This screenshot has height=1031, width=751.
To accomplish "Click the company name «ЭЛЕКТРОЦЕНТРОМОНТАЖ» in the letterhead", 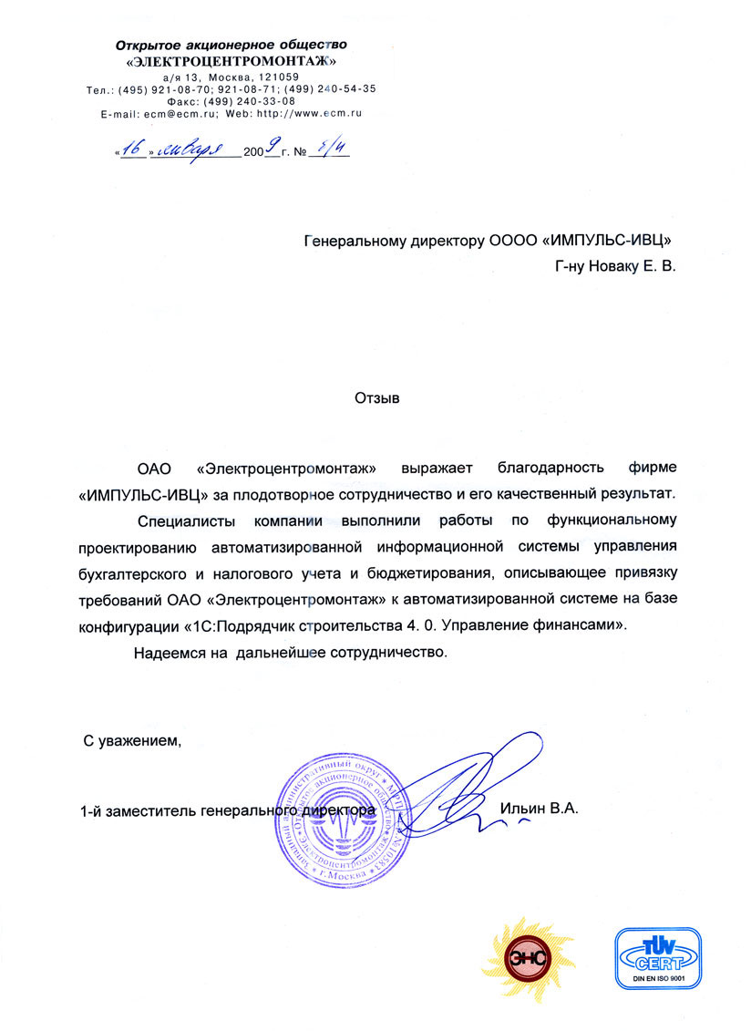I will [232, 61].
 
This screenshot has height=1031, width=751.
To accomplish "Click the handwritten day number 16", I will [133, 152].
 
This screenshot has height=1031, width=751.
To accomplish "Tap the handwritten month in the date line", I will [194, 152].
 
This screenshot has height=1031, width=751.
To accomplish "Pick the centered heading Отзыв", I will [375, 397].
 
